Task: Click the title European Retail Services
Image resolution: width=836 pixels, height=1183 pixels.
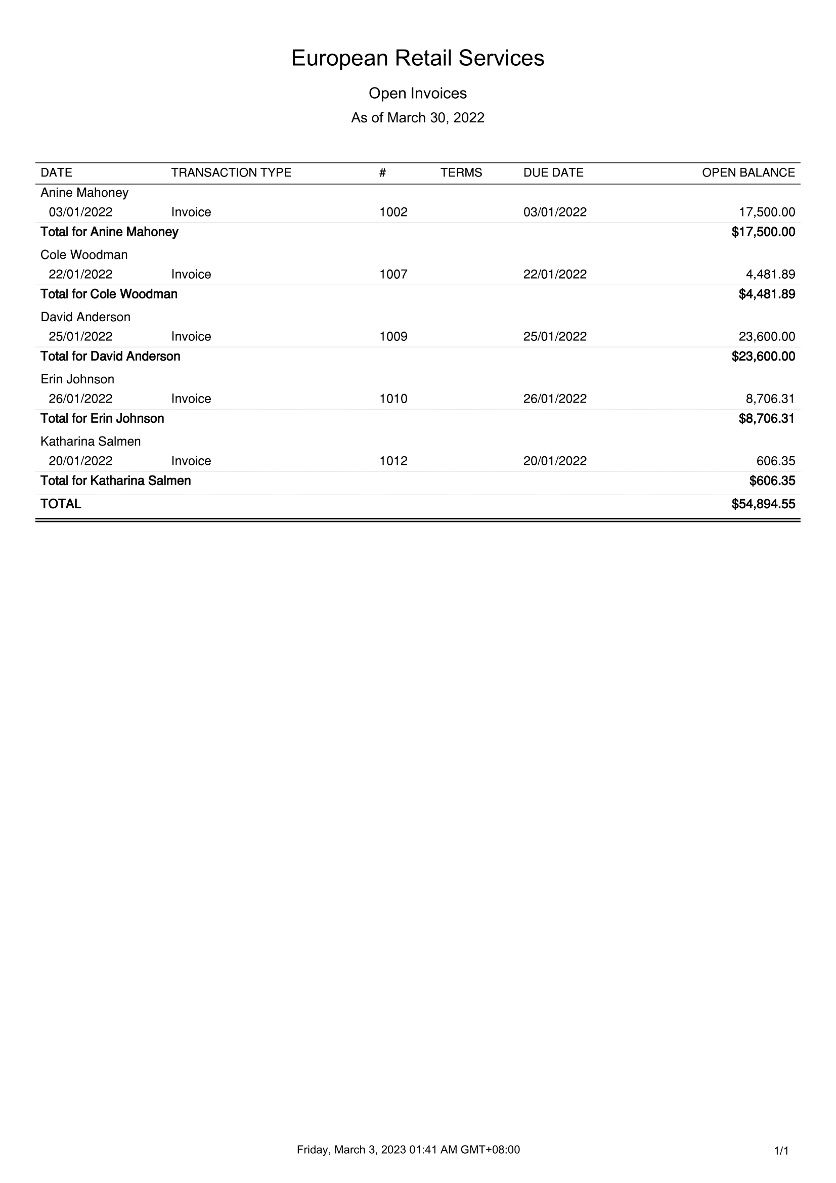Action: coord(417,58)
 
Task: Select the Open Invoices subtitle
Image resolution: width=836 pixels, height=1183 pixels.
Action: coord(417,93)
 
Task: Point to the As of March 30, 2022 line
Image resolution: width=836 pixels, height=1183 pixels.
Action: coord(417,118)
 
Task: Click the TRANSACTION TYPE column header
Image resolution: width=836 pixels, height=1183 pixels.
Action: coord(231,172)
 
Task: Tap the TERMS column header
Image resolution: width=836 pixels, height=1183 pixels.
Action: coord(461,172)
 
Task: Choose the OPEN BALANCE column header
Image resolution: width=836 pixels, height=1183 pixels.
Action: coord(748,172)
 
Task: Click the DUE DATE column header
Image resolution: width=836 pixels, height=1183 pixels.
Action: coord(553,172)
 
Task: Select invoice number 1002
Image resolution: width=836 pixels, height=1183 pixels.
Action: coord(393,212)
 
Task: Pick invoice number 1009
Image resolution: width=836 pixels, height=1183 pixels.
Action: coord(393,336)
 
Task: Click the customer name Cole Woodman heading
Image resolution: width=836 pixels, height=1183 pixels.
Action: coord(84,254)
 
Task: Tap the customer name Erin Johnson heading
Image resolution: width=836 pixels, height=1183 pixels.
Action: coord(77,379)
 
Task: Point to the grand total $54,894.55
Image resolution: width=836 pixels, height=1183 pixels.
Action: coord(763,504)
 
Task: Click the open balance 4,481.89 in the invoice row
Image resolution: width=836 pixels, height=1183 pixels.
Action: coord(770,275)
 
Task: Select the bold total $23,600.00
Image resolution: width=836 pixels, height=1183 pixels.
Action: coord(763,357)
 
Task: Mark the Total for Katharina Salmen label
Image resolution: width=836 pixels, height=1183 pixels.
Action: coord(115,480)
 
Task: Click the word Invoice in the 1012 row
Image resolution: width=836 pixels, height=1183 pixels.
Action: coord(191,461)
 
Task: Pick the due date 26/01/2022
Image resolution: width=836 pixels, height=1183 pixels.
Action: coord(555,399)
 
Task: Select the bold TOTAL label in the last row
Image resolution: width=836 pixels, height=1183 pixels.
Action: coord(61,504)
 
